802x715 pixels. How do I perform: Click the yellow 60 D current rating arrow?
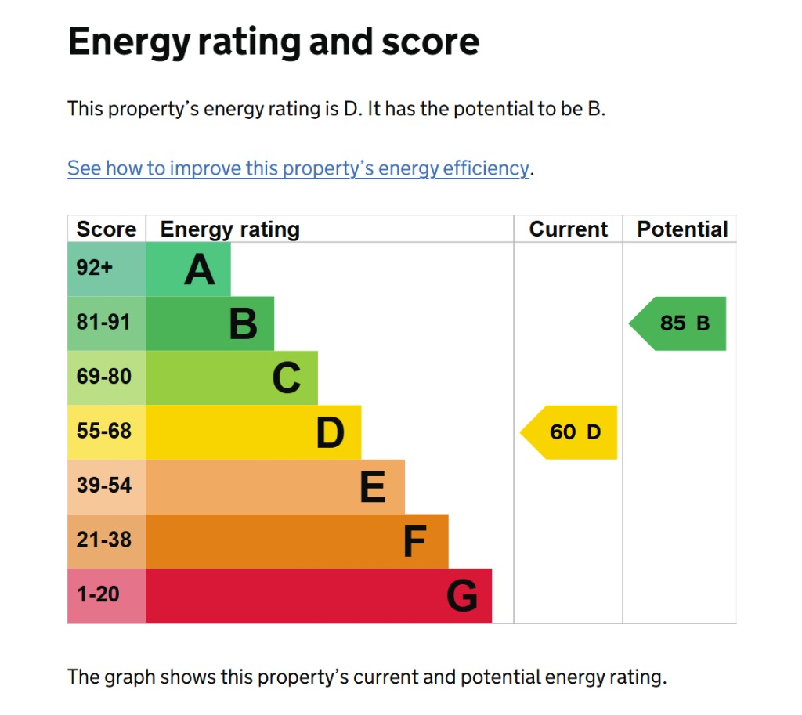[x=570, y=432]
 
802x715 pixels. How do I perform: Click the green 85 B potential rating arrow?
[x=680, y=323]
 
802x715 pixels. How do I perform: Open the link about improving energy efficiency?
[x=298, y=168]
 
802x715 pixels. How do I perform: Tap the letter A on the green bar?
[x=200, y=270]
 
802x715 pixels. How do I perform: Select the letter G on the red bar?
[x=462, y=597]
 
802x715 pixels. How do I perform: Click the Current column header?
[x=568, y=229]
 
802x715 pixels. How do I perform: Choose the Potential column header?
[x=682, y=229]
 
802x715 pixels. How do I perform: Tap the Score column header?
[x=106, y=229]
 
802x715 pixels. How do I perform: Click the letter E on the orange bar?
[x=373, y=488]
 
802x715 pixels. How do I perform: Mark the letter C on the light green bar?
[x=287, y=379]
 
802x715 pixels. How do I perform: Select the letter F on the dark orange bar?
[x=414, y=542]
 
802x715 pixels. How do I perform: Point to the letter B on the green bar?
[x=243, y=324]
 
